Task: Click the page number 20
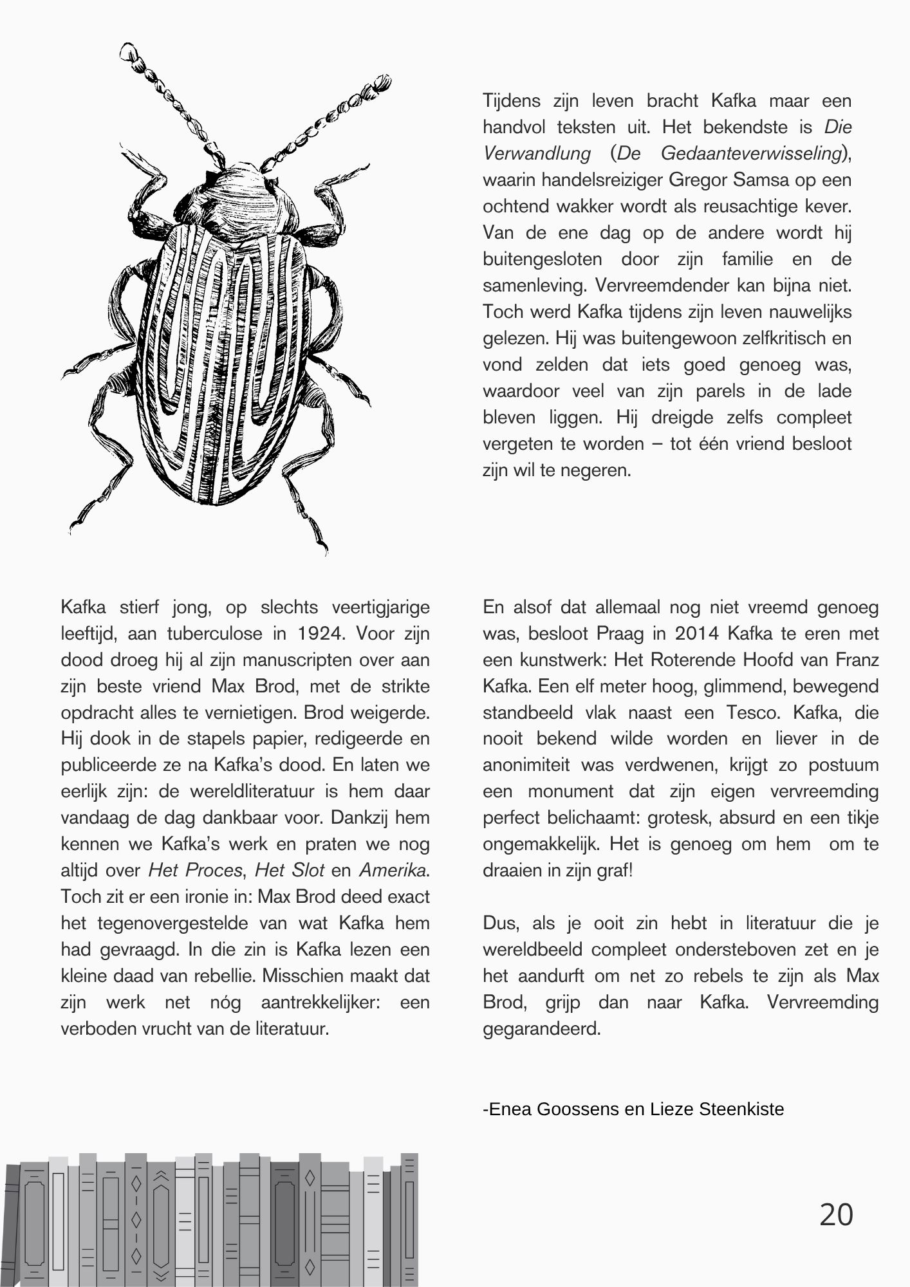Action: [x=836, y=1215]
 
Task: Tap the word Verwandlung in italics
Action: [x=537, y=153]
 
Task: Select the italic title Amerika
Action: [x=393, y=870]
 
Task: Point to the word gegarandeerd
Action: [x=541, y=1028]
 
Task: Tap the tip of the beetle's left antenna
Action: [x=129, y=50]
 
